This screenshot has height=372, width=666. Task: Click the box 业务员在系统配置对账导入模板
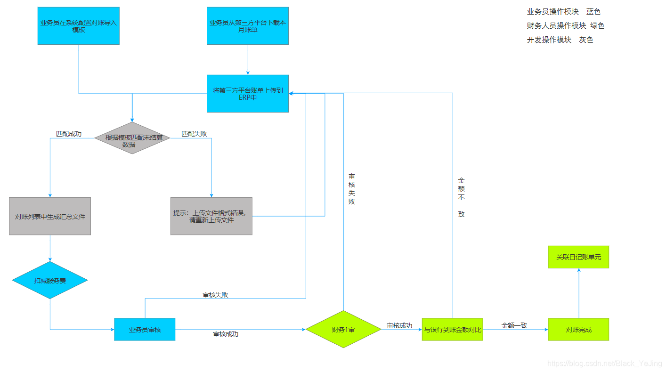point(79,26)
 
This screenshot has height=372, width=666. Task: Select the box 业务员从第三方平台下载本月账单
point(248,26)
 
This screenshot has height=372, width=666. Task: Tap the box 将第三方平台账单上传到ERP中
point(248,94)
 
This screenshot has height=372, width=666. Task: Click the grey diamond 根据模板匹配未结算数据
point(132,138)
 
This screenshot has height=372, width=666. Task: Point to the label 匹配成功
point(69,134)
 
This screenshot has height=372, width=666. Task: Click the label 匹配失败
point(194,134)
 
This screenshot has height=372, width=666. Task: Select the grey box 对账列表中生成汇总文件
point(50,216)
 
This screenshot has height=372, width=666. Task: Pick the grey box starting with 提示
point(211,216)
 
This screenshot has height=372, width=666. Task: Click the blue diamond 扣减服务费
point(50,280)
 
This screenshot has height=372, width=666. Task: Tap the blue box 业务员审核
point(145,330)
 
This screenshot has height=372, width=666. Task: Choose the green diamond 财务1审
point(343,329)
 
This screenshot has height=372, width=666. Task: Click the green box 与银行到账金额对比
point(453,330)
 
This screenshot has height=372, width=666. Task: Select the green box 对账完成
point(578,330)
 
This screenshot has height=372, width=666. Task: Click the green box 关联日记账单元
point(578,257)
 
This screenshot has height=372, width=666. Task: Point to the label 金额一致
point(514,325)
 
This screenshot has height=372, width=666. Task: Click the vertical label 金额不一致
point(461,197)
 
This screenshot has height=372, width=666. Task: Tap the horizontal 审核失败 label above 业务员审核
point(216,295)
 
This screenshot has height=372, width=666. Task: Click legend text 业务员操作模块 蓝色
point(564,12)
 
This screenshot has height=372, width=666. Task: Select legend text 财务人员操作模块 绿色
point(565,26)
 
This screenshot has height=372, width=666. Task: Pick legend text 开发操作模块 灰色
point(560,40)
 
